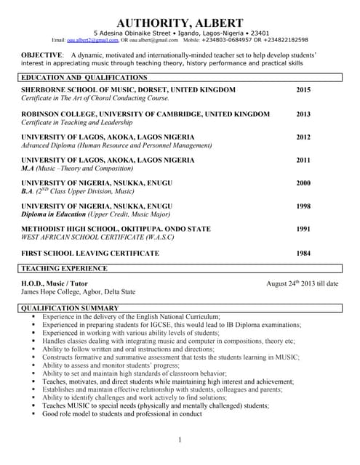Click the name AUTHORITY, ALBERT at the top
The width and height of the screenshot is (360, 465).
point(180,23)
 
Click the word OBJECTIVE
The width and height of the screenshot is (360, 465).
point(42,55)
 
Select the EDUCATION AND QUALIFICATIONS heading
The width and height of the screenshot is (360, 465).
point(84,77)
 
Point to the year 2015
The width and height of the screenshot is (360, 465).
point(303,89)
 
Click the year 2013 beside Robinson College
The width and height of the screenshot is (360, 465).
point(303,114)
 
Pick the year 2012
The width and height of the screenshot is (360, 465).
point(303,137)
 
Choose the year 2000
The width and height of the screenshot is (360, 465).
point(303,183)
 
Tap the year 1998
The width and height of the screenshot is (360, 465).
point(303,206)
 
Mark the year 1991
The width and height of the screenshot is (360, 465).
point(303,229)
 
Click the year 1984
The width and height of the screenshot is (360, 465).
point(303,253)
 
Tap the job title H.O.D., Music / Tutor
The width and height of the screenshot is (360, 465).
point(55,283)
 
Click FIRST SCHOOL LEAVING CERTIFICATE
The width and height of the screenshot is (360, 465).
point(90,253)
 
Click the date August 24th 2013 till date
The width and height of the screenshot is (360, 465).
point(302,283)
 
